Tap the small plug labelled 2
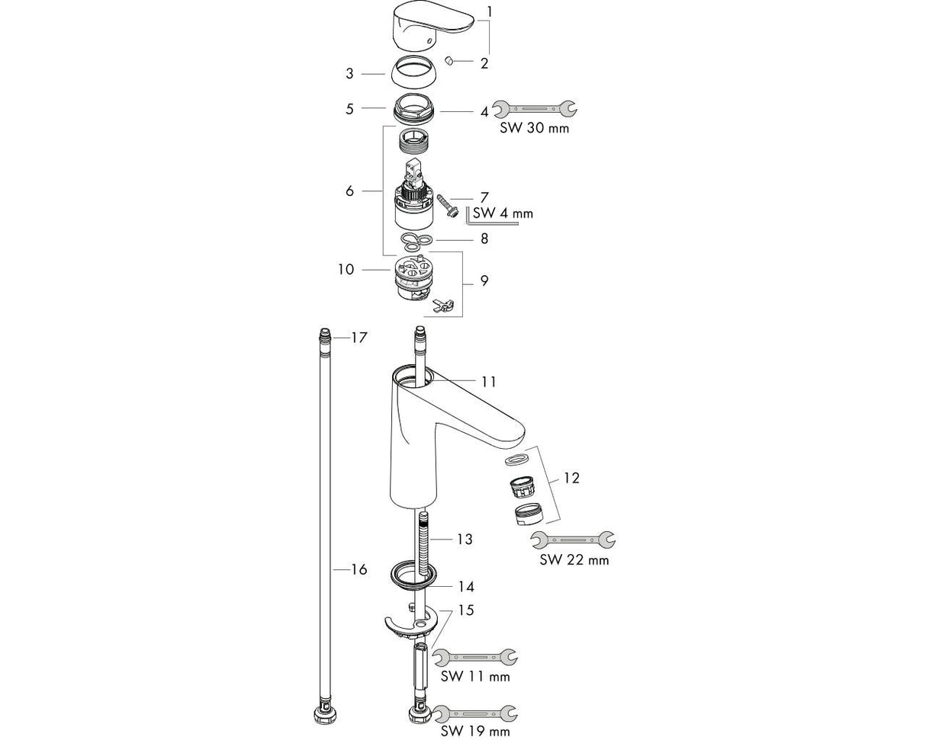click(x=449, y=60)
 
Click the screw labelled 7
click(x=445, y=207)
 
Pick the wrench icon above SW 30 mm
click(x=534, y=108)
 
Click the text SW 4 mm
click(x=503, y=213)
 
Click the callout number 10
click(x=346, y=269)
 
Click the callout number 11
click(x=488, y=381)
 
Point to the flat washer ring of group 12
click(x=516, y=460)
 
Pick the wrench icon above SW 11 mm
click(x=474, y=655)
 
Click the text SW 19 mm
click(x=475, y=732)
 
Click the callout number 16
click(x=359, y=569)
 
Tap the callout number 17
click(x=359, y=337)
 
